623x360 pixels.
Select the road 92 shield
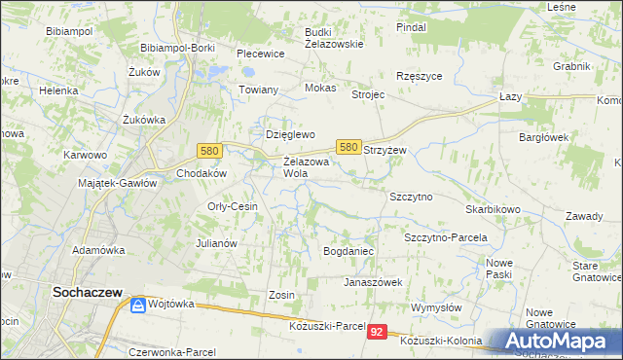click(x=378, y=333)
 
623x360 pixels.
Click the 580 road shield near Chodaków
click(x=208, y=151)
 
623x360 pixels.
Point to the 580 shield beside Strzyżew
click(x=349, y=146)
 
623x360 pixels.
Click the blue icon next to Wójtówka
click(x=139, y=306)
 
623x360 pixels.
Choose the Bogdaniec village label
click(x=348, y=252)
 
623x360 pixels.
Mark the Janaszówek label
click(x=372, y=282)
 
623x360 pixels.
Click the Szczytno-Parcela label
click(x=445, y=237)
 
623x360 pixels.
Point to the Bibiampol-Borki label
click(x=177, y=48)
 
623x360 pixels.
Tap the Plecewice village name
click(x=260, y=54)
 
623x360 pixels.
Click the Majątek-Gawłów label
click(x=116, y=183)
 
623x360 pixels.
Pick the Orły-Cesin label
click(x=232, y=206)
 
